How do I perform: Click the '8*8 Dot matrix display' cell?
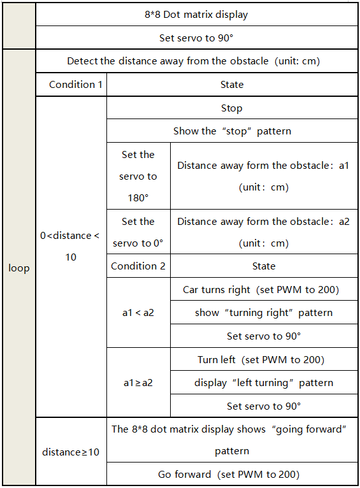click(197, 14)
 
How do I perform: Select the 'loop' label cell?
click(19, 268)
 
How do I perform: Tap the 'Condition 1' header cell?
click(71, 84)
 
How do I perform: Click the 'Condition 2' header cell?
click(138, 266)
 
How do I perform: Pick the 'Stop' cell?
click(232, 108)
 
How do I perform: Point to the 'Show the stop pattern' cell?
click(232, 131)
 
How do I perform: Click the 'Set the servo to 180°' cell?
click(138, 176)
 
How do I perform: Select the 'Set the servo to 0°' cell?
click(138, 232)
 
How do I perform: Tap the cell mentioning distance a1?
click(264, 176)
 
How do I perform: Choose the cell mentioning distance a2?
click(264, 232)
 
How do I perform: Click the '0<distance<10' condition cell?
click(71, 257)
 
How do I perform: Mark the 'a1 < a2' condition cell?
click(138, 312)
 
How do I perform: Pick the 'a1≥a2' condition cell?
click(138, 382)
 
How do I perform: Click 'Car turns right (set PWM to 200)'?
click(264, 289)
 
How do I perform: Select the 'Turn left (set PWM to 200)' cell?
click(264, 359)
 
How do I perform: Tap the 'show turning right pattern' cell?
click(264, 312)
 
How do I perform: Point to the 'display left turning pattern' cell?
click(264, 382)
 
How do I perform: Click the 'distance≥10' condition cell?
click(71, 451)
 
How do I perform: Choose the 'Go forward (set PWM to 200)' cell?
click(232, 474)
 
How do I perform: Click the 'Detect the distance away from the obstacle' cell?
click(197, 61)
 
